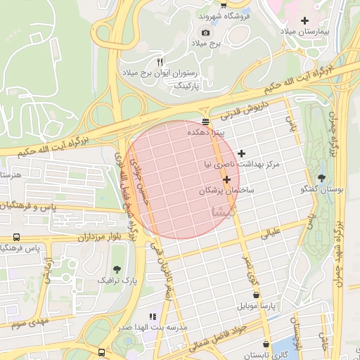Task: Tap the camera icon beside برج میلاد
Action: (205, 32)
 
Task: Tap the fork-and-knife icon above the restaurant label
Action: (160, 62)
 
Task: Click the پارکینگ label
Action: (187, 85)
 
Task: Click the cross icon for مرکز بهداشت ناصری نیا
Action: (242, 153)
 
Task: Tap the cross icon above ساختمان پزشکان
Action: (226, 180)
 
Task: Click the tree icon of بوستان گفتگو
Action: (322, 178)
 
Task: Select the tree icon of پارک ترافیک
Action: (116, 269)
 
